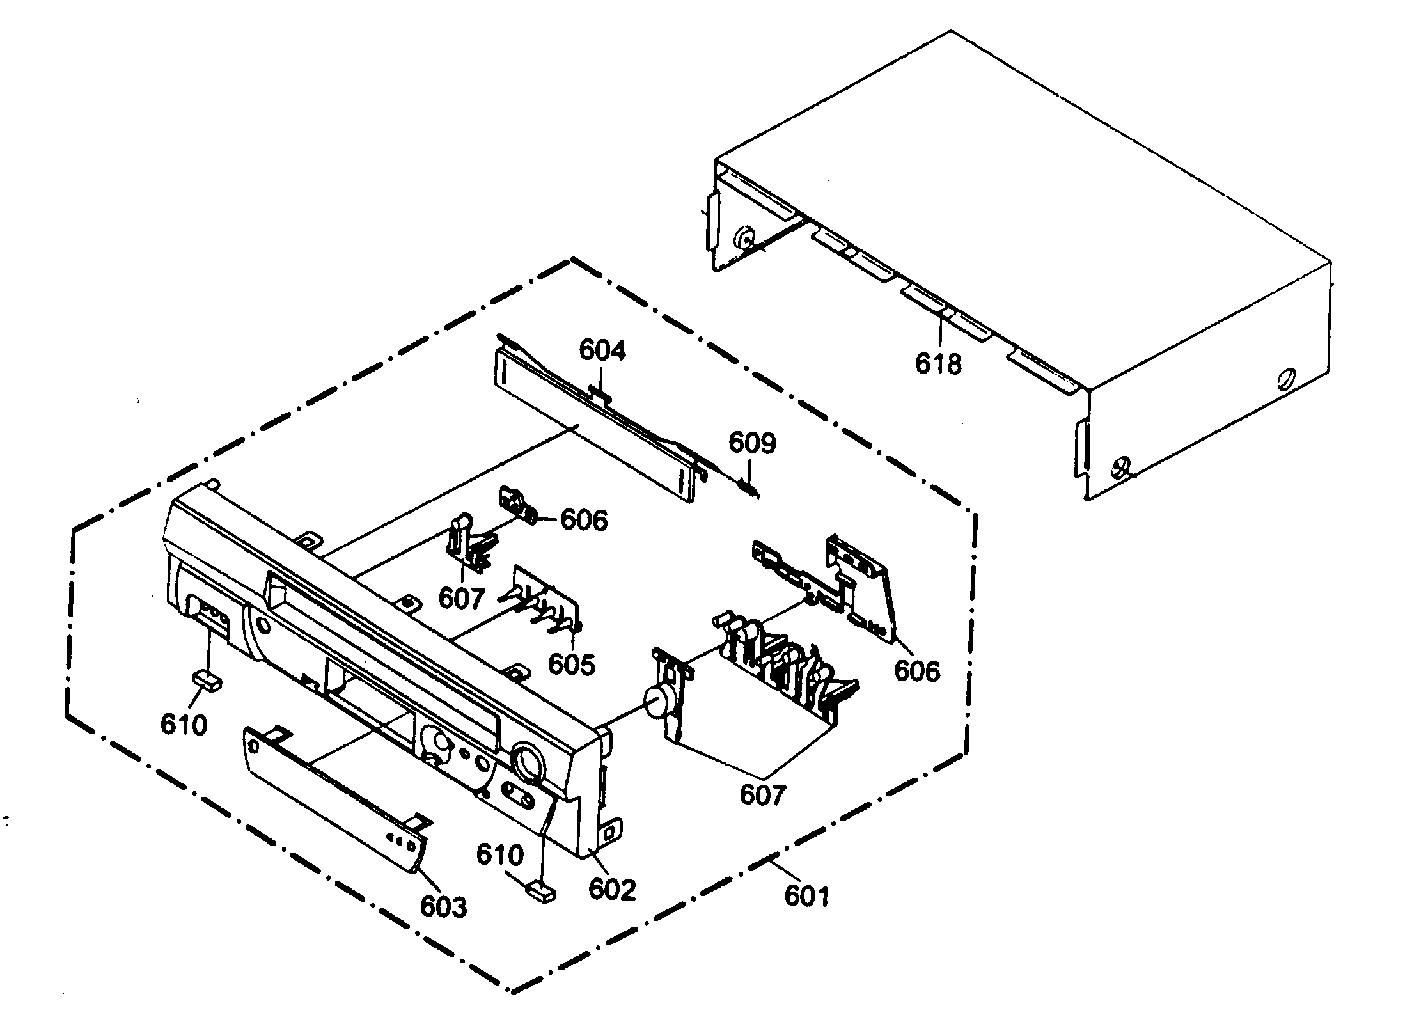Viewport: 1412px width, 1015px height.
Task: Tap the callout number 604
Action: pos(602,350)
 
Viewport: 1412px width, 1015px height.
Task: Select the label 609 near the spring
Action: pos(753,443)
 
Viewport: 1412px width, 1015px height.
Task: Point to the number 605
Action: pos(572,665)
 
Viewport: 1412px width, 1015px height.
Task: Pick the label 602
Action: pos(612,890)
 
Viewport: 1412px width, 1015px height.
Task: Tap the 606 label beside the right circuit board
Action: pos(917,671)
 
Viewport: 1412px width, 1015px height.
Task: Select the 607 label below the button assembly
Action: pos(762,794)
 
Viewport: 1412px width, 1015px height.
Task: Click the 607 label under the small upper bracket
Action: pos(462,599)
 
